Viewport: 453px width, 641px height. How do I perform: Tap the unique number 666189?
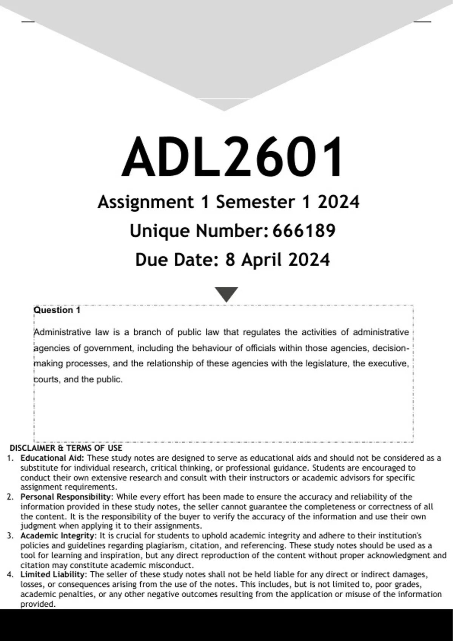[x=304, y=231]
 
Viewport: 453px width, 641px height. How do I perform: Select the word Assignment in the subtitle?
[x=145, y=202]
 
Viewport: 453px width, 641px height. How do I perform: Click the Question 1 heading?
[x=57, y=310]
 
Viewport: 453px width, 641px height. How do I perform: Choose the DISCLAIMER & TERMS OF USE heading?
[x=66, y=448]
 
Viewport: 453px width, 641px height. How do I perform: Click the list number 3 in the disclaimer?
[x=10, y=536]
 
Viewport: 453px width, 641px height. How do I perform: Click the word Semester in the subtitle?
[x=255, y=202]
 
